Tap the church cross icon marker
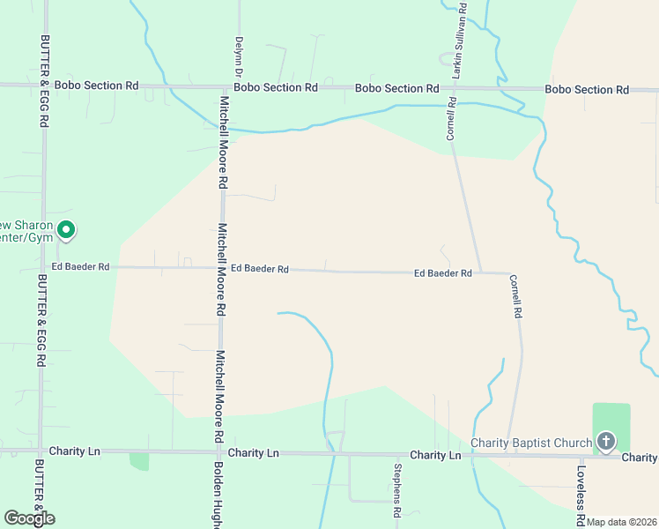pos(605,441)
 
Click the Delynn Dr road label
pos(238,54)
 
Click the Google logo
pos(29,518)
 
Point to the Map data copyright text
pos(621,522)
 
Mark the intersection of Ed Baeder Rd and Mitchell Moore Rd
pos(222,268)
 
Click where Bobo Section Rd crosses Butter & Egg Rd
pos(42,86)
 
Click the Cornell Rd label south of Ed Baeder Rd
pos(516,296)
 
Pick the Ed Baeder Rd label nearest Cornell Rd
pos(442,273)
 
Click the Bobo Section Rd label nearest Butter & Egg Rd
pos(96,86)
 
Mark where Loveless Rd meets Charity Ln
pos(581,457)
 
